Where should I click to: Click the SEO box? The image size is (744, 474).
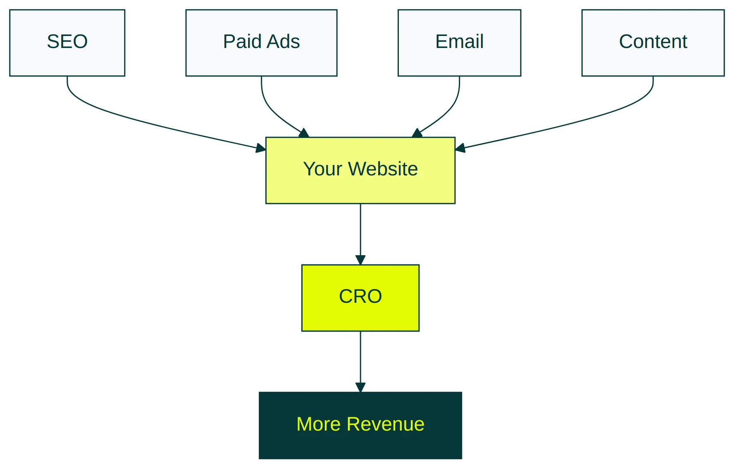click(x=67, y=43)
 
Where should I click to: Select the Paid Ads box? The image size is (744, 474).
click(x=261, y=43)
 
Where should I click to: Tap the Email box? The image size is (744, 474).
click(x=459, y=43)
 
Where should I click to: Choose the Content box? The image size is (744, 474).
click(x=653, y=43)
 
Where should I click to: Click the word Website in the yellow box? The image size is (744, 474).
click(x=383, y=169)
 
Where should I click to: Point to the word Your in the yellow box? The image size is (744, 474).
click(x=322, y=169)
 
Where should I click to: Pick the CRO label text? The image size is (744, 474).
click(x=360, y=296)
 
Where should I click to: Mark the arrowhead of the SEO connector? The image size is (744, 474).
click(x=261, y=148)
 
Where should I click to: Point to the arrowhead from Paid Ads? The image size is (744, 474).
click(x=305, y=133)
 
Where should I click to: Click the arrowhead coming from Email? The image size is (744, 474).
click(x=417, y=133)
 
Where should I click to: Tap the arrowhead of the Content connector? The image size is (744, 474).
click(x=460, y=148)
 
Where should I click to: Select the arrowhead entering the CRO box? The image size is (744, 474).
click(x=360, y=260)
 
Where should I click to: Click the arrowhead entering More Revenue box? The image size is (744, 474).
click(x=360, y=387)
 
